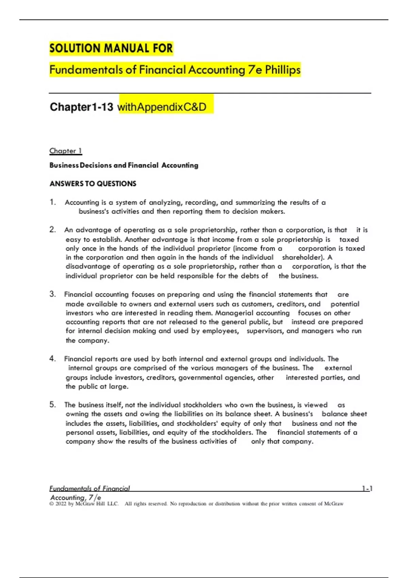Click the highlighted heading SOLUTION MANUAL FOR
111,48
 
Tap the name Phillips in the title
283,70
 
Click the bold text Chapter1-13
81,107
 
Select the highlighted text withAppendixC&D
162,107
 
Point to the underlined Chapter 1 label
66,151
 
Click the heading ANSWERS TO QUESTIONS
93,184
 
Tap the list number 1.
52,202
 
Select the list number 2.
52,230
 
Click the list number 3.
52,294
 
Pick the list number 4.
52,359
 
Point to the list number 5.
52,405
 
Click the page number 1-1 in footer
367,489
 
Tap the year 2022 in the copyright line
61,504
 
